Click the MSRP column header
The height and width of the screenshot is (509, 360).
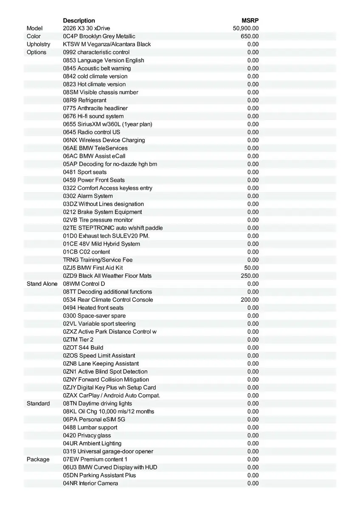[x=250, y=20]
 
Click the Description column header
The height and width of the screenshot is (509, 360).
[x=79, y=20]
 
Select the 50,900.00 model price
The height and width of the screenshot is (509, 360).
[x=246, y=28]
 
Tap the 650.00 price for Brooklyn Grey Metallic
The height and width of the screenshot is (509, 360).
[x=250, y=36]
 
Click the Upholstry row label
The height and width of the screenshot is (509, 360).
[x=38, y=44]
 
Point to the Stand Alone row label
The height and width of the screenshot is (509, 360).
[x=42, y=284]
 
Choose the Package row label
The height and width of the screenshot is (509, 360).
[x=38, y=459]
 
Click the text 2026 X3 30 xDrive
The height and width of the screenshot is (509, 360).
[x=86, y=28]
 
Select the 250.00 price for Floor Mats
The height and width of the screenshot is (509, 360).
[x=250, y=276]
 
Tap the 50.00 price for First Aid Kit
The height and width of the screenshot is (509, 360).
[x=251, y=268]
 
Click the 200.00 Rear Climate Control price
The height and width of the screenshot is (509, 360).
[x=250, y=299]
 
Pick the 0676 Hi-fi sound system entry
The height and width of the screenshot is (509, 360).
[x=93, y=116]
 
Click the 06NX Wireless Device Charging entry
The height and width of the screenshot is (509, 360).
[x=104, y=140]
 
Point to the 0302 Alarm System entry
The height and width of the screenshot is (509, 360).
[x=88, y=196]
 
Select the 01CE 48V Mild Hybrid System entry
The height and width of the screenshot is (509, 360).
[x=101, y=244]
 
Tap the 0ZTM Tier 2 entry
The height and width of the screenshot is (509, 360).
[x=78, y=340]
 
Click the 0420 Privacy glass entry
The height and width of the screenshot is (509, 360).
[x=87, y=435]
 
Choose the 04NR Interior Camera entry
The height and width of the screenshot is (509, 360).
[x=90, y=483]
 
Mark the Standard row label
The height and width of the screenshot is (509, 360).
[x=38, y=403]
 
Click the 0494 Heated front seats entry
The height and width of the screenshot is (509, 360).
[x=93, y=308]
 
